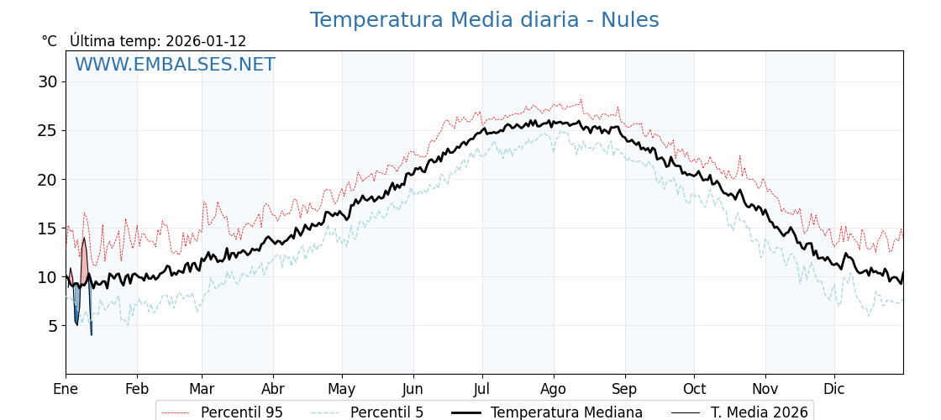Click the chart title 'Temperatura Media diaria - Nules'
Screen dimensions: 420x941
484,20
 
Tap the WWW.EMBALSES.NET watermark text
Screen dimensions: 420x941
175,65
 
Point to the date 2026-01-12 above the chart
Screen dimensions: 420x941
206,41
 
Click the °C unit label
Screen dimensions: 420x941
49,41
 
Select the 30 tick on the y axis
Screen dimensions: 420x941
47,82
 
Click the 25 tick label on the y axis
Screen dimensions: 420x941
47,131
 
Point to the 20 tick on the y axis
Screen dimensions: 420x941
47,180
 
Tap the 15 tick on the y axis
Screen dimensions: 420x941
47,228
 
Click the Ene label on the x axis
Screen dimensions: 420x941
66,389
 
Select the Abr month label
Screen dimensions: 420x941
273,389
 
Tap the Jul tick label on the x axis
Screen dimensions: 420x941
482,389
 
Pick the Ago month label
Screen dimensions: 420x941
554,389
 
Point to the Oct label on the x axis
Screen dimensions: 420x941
694,389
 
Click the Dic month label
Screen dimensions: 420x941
834,389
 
